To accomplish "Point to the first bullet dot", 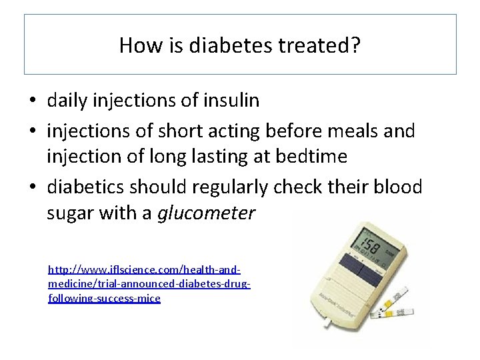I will point(33,102).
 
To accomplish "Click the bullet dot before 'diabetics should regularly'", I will point(33,188).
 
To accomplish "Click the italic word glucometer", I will point(206,214).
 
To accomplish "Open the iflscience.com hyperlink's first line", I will point(144,271).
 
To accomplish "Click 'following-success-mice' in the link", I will point(104,298).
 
